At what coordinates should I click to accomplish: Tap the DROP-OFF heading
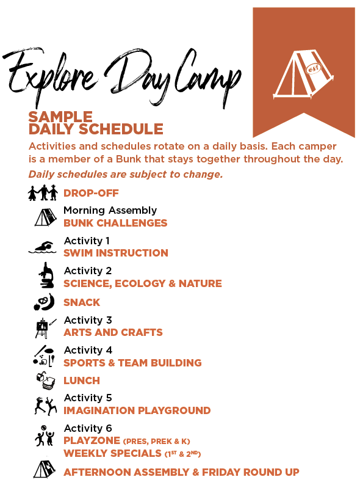pyautogui.click(x=91, y=194)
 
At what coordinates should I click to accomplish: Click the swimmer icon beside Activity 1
pyautogui.click(x=42, y=247)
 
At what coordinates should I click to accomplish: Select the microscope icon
pyautogui.click(x=45, y=275)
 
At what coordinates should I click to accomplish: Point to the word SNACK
pyautogui.click(x=82, y=302)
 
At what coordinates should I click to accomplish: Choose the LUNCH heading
pyautogui.click(x=82, y=381)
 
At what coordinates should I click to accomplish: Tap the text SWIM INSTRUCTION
pyautogui.click(x=116, y=253)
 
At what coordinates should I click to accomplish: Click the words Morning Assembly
pyautogui.click(x=110, y=211)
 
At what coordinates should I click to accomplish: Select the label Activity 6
pyautogui.click(x=88, y=428)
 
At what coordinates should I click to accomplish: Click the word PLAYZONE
pyautogui.click(x=92, y=440)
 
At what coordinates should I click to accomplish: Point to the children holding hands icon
pyautogui.click(x=43, y=193)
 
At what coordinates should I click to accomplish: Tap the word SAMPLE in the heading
pyautogui.click(x=60, y=117)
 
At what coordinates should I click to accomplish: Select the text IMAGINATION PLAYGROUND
pyautogui.click(x=137, y=410)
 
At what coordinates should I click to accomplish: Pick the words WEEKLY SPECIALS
pyautogui.click(x=112, y=453)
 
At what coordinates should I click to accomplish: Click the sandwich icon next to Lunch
pyautogui.click(x=44, y=381)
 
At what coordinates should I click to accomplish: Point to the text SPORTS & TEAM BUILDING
pyautogui.click(x=132, y=363)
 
